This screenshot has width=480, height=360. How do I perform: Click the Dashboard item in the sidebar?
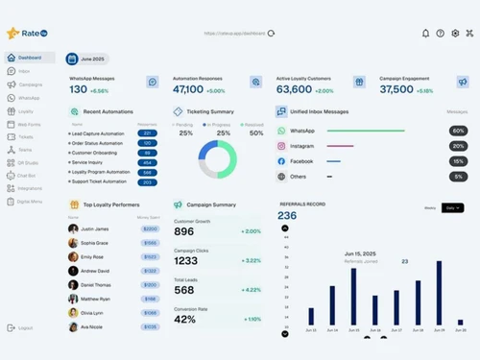click(29, 58)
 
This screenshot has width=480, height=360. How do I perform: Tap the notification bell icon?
click(425, 33)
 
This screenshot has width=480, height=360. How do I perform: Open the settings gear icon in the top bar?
click(455, 33)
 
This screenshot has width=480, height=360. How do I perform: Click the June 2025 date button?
click(93, 59)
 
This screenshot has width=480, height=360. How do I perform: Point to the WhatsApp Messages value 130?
click(78, 89)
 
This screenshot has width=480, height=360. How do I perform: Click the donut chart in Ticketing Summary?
click(217, 158)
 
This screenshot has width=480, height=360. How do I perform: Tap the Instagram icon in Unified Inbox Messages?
click(281, 146)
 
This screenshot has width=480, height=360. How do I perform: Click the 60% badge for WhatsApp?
click(459, 131)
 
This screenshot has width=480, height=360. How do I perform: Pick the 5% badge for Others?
click(459, 177)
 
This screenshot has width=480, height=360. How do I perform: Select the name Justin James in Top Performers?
click(94, 229)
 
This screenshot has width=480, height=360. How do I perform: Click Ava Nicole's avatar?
click(73, 326)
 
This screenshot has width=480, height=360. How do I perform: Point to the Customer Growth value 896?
click(184, 231)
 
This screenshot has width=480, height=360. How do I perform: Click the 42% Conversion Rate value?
click(185, 319)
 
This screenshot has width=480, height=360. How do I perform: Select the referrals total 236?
click(287, 216)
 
